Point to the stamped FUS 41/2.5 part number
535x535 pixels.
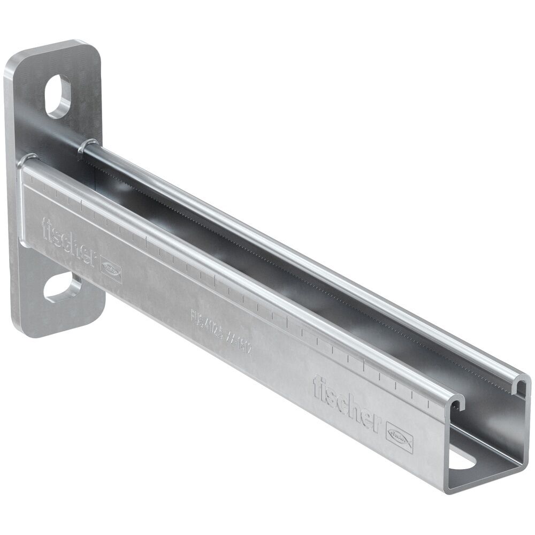pyautogui.click(x=220, y=331)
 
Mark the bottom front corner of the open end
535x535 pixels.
pyautogui.click(x=447, y=490)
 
